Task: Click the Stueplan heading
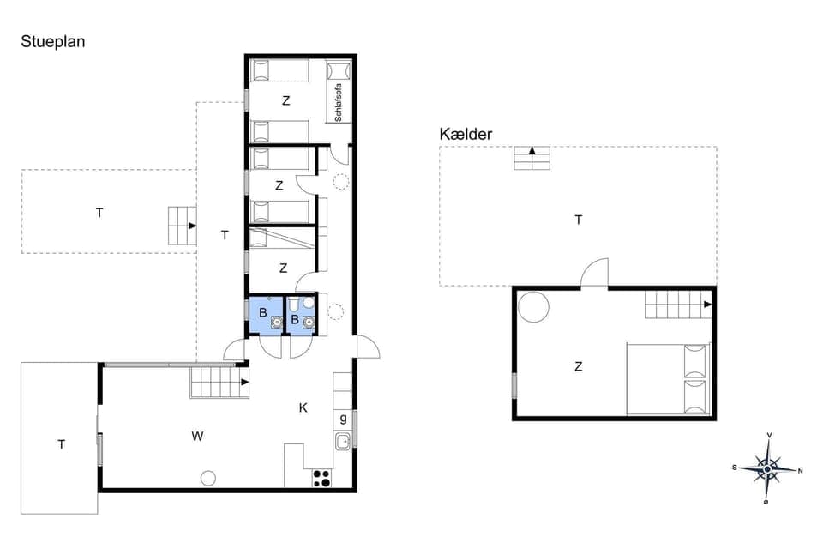(x=52, y=41)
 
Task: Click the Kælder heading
(x=466, y=134)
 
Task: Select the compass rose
(x=767, y=468)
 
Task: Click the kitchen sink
(x=343, y=442)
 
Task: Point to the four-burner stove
(x=321, y=478)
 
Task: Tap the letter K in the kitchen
(x=303, y=407)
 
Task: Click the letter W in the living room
(x=197, y=436)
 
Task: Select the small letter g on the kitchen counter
(x=343, y=418)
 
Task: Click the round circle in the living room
(x=208, y=478)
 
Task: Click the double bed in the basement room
(x=669, y=379)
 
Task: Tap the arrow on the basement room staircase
(x=706, y=305)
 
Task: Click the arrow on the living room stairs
(x=245, y=382)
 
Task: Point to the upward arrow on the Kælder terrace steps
(x=532, y=152)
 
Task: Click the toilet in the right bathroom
(x=294, y=305)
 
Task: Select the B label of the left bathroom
(x=263, y=313)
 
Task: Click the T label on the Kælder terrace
(x=579, y=220)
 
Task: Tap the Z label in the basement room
(x=579, y=366)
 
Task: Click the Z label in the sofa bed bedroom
(x=286, y=100)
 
